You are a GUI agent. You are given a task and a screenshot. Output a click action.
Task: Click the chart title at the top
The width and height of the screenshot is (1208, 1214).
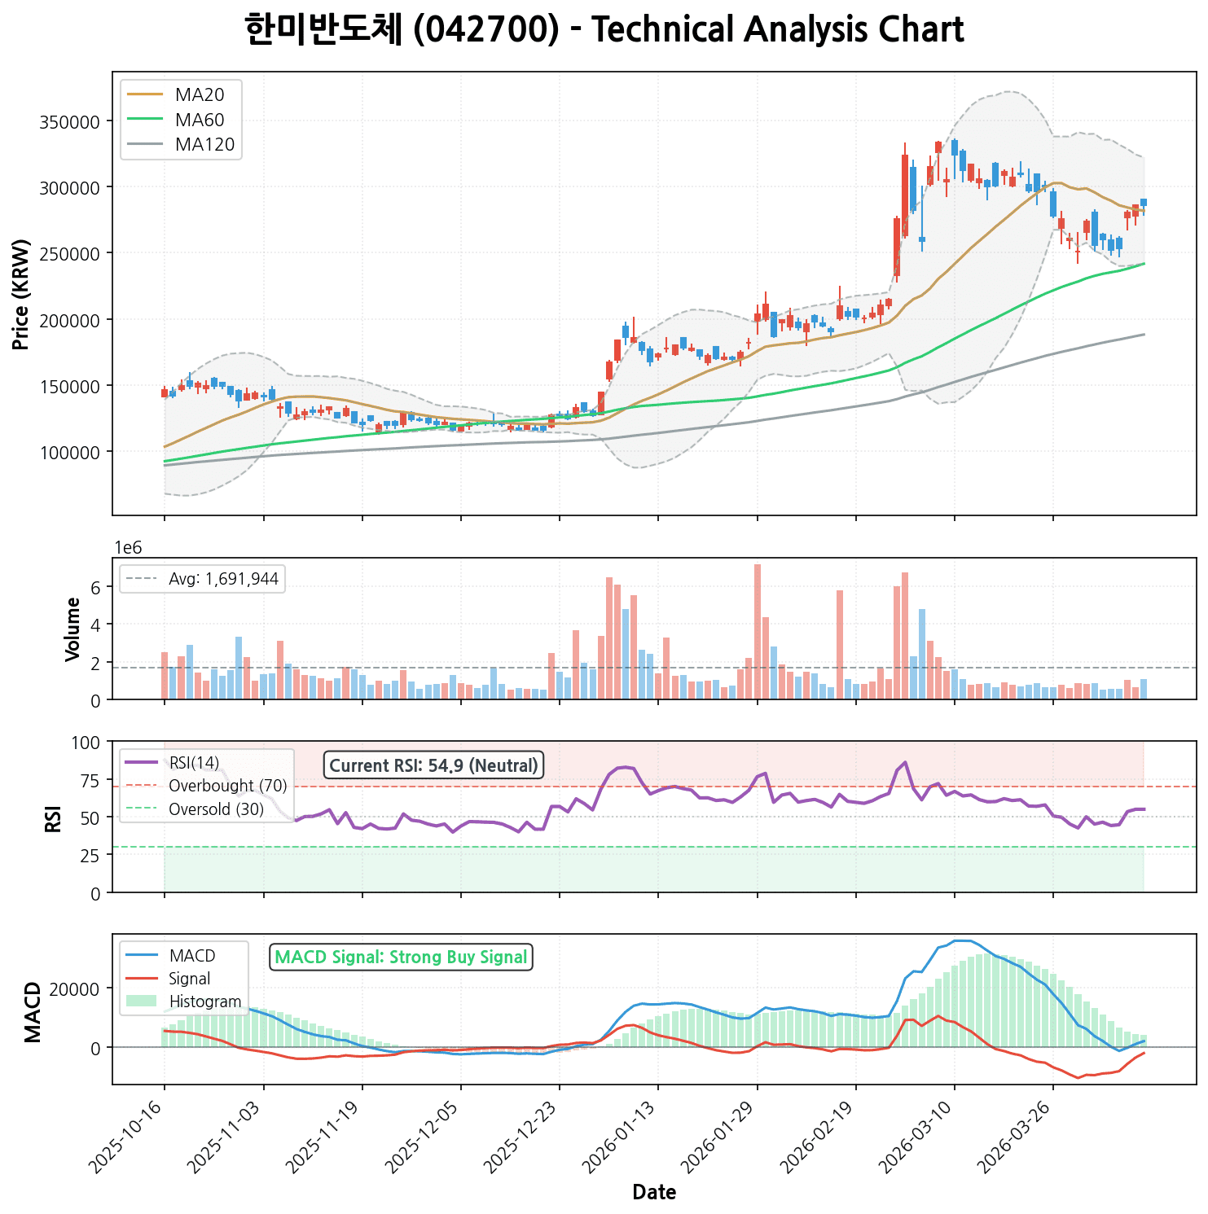pyautogui.click(x=604, y=30)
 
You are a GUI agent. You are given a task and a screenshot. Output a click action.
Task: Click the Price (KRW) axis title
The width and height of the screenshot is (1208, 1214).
pyautogui.click(x=22, y=295)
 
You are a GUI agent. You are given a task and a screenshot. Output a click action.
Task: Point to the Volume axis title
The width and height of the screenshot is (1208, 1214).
pyautogui.click(x=73, y=629)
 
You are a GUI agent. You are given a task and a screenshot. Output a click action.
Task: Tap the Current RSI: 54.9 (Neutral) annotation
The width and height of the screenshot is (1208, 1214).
pyautogui.click(x=434, y=765)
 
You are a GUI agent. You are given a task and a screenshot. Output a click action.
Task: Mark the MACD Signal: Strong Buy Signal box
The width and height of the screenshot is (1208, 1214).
pyautogui.click(x=401, y=958)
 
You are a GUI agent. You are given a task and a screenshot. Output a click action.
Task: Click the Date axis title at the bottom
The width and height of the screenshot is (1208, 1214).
pyautogui.click(x=654, y=1193)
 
